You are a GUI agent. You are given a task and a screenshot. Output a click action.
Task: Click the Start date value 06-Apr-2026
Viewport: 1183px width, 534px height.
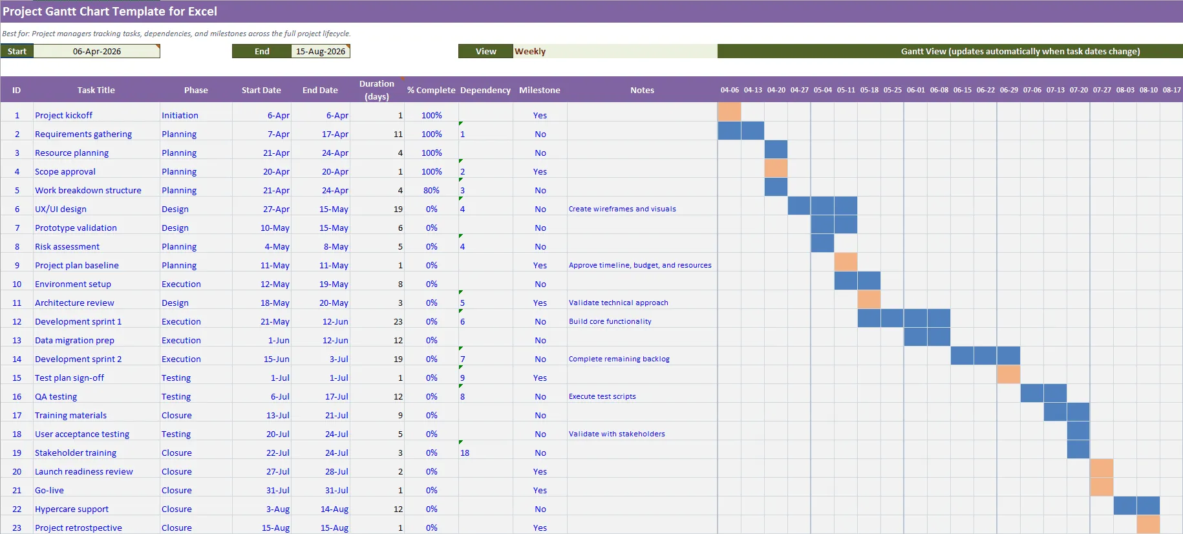97,52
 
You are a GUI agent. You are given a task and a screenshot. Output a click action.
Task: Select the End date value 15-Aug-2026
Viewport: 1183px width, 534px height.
320,52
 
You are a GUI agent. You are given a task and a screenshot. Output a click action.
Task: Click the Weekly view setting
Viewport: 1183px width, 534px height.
530,52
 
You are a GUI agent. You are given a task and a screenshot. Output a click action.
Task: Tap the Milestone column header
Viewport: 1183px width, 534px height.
539,91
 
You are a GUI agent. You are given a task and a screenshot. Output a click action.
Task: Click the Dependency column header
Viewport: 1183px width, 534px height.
485,91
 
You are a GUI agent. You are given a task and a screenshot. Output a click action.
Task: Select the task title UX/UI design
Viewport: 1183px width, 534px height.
61,209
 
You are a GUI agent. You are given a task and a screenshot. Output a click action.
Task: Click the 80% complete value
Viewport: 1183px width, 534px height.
431,191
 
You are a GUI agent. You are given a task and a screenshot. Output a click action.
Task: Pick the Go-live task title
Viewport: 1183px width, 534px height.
49,491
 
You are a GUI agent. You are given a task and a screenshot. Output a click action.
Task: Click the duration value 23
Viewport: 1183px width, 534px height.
398,322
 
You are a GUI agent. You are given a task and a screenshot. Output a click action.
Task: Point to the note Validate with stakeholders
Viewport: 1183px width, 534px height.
617,434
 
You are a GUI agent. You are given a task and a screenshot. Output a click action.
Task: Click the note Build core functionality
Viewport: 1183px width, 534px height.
610,322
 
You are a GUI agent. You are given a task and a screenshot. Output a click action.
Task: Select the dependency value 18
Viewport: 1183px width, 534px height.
465,453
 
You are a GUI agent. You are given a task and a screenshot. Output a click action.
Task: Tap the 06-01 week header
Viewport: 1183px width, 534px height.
915,91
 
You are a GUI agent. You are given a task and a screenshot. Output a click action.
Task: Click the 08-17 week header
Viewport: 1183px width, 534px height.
1171,91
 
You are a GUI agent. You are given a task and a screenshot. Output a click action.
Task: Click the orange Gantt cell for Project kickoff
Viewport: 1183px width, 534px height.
729,112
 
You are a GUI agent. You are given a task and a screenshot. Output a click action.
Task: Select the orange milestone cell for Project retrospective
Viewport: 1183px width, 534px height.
1148,524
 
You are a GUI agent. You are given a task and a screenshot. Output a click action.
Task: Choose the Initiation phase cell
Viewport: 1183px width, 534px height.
180,116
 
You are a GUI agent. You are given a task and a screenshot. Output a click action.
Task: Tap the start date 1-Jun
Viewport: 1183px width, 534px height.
279,341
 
